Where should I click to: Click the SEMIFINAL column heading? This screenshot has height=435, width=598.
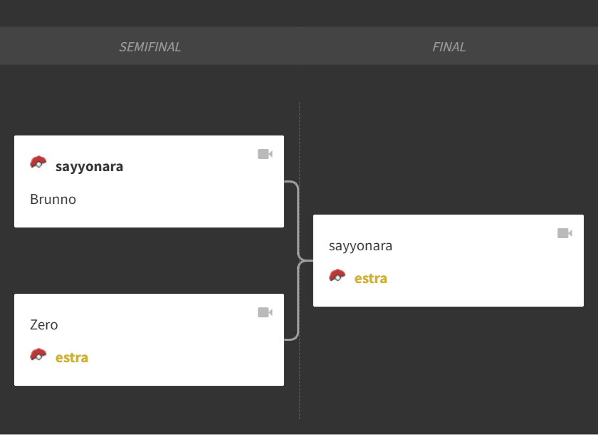150,46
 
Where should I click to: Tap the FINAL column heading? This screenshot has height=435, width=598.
448,46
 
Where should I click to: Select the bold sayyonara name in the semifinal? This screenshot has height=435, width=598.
89,167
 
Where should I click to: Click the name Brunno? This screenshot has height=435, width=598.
53,199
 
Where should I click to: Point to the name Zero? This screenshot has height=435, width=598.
44,324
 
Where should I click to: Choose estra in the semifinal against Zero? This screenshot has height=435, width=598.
72,357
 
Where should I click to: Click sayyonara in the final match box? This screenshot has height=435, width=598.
360,246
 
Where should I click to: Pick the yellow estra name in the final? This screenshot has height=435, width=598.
371,278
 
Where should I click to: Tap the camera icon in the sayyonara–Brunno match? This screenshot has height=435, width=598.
265,154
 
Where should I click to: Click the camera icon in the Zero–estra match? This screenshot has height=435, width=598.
265,312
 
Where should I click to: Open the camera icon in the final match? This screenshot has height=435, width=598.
565,233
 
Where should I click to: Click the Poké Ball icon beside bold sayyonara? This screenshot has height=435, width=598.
38,163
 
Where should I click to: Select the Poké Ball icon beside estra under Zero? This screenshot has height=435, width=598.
38,356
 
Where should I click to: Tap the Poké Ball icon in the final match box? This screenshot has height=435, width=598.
337,277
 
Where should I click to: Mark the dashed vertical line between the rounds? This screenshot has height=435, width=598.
300,260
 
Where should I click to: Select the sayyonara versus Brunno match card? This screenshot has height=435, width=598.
149,181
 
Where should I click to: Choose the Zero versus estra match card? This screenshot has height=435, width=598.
149,340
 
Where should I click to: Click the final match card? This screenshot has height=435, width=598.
448,260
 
